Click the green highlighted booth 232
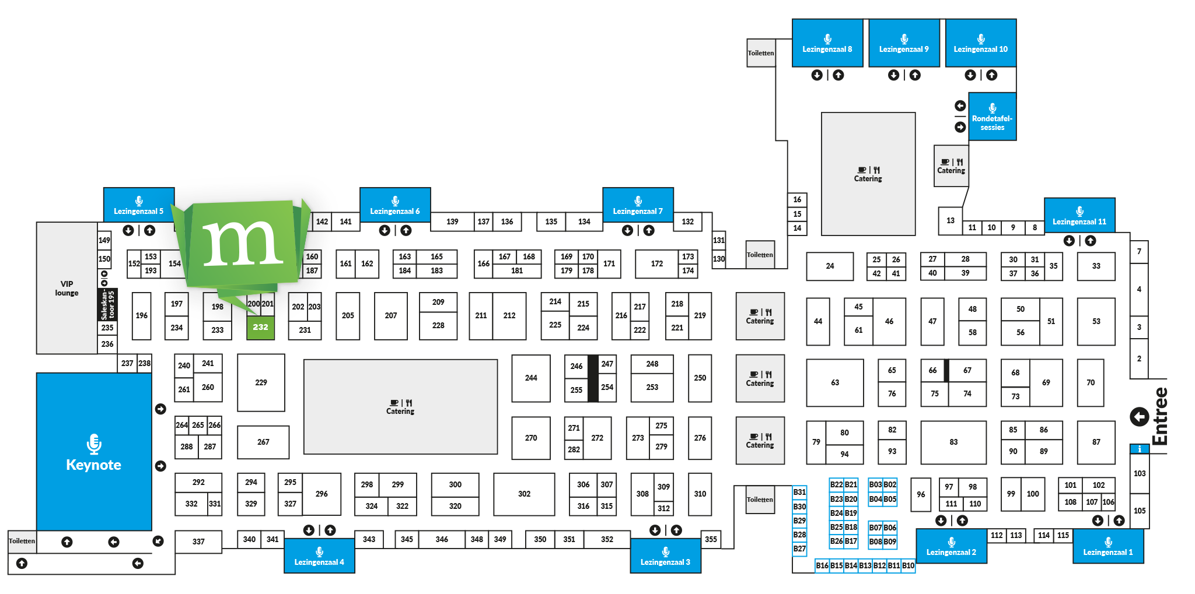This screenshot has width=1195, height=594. (260, 328)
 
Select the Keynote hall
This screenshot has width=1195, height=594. (94, 452)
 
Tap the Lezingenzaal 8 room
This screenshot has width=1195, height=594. (827, 43)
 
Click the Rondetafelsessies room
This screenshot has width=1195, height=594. (992, 117)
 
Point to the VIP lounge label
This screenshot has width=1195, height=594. (67, 289)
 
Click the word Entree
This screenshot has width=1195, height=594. (1160, 416)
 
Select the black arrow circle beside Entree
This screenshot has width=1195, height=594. (1139, 416)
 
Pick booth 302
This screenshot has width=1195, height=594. (524, 494)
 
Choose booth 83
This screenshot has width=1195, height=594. (953, 442)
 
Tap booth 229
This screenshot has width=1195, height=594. (261, 382)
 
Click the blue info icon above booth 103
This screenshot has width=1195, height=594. (1139, 449)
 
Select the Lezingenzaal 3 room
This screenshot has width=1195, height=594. (665, 556)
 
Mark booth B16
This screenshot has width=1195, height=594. (822, 565)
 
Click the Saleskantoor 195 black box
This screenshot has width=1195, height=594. (108, 304)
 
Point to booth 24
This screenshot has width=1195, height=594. (830, 266)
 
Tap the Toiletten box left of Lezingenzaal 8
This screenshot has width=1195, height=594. (761, 53)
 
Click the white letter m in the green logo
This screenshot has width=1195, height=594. (243, 244)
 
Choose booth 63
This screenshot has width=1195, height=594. (834, 382)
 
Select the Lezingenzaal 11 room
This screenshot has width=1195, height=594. (1079, 216)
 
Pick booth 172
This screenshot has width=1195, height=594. (656, 263)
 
